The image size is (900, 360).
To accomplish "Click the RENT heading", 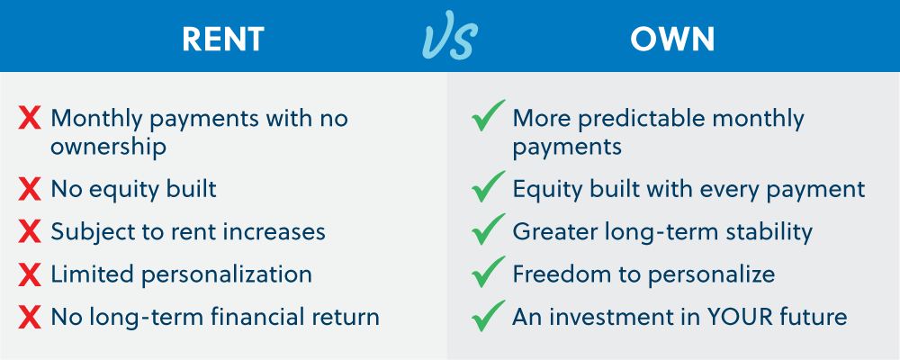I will (223, 39).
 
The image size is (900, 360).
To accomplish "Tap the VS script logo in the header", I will (449, 38).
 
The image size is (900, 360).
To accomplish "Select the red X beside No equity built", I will (30, 189).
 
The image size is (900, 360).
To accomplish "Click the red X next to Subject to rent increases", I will (30, 232).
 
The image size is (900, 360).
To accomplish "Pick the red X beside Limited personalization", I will (30, 274).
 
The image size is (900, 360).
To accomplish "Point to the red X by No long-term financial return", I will (30, 318).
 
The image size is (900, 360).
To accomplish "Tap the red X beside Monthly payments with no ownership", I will (30, 119).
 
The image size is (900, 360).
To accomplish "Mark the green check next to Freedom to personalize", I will (487, 273).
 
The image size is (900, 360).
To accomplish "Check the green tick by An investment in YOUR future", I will (487, 316).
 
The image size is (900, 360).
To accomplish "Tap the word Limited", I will (85, 274).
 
